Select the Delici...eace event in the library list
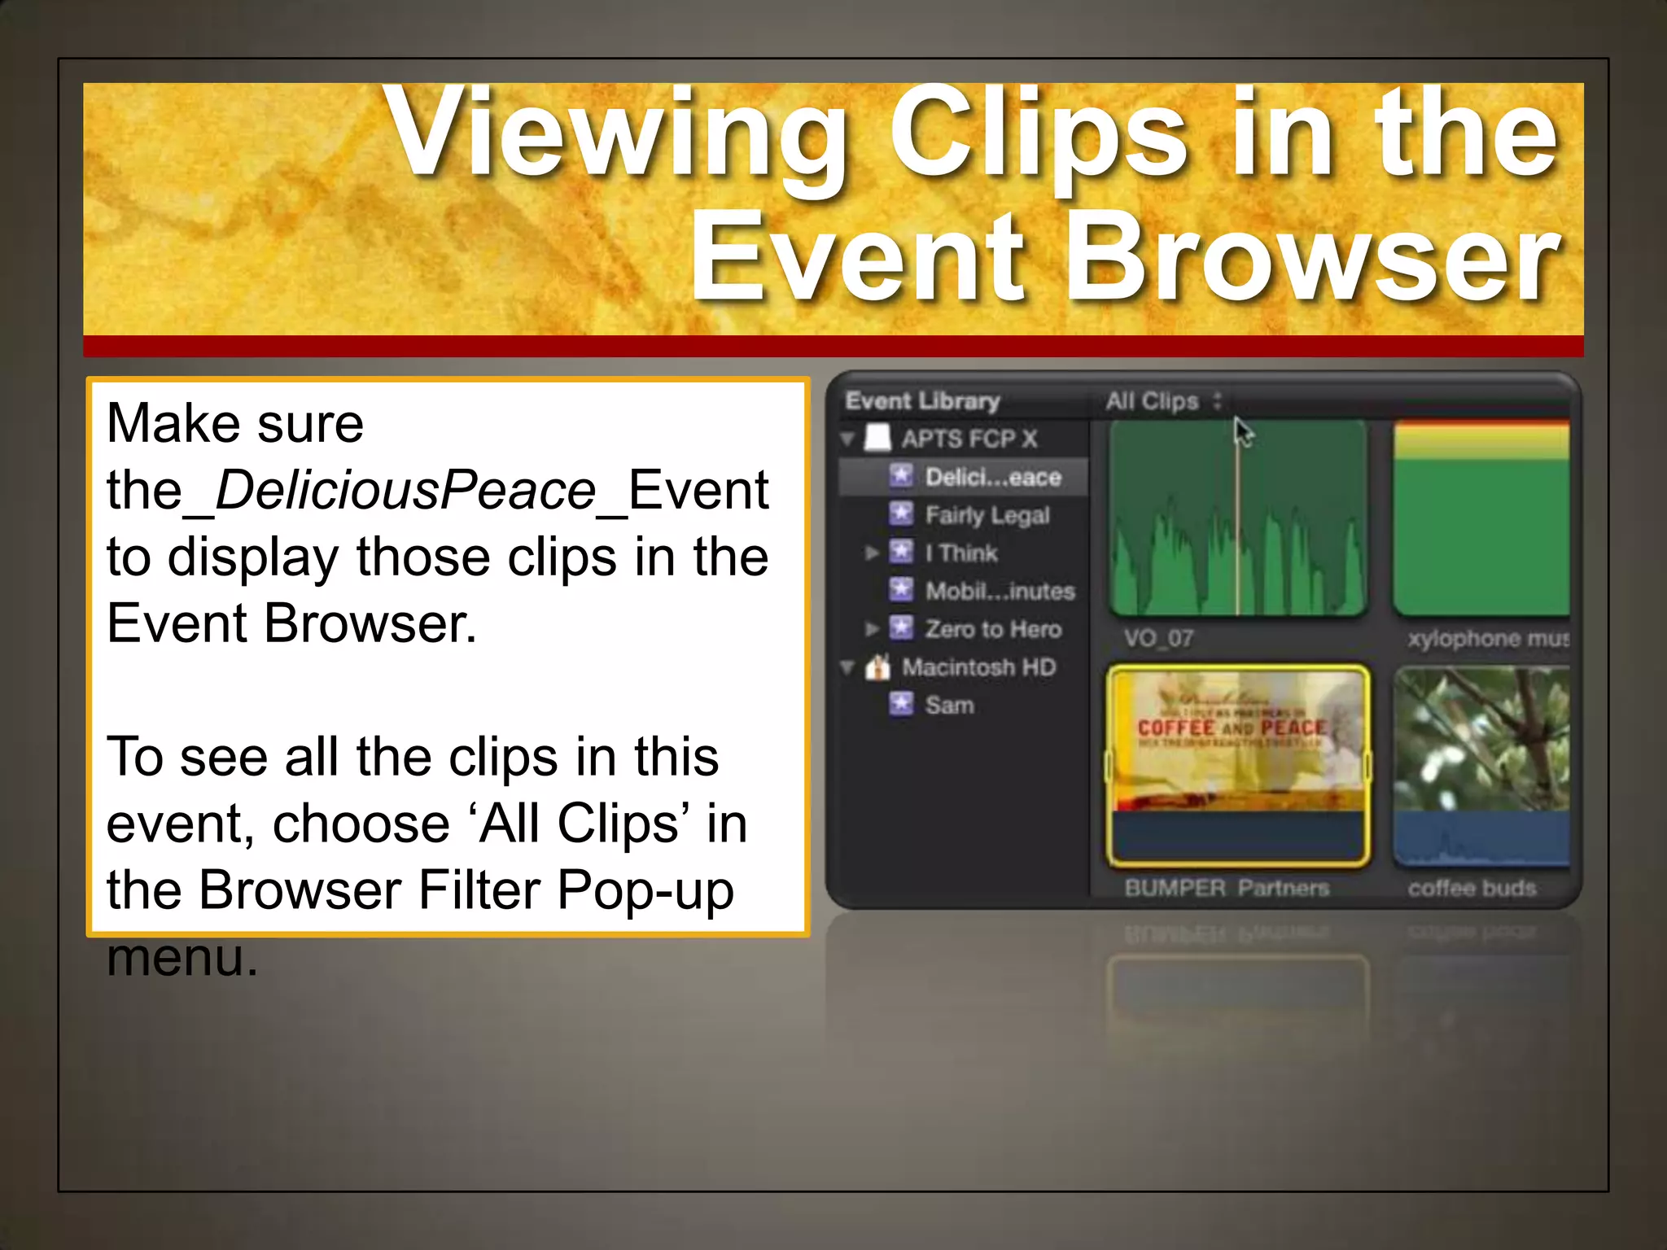coord(992,477)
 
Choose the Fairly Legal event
coord(987,515)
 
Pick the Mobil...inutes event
coord(1000,591)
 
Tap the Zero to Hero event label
coord(992,629)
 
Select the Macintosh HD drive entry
coord(978,667)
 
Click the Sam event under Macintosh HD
coord(949,705)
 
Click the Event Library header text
coord(922,401)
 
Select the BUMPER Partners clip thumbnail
coord(1237,763)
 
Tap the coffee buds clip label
coord(1472,888)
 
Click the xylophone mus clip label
coord(1488,638)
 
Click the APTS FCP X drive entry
coord(969,439)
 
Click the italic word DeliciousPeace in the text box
coord(405,491)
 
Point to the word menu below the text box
coord(182,957)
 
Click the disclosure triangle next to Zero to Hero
coord(872,629)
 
